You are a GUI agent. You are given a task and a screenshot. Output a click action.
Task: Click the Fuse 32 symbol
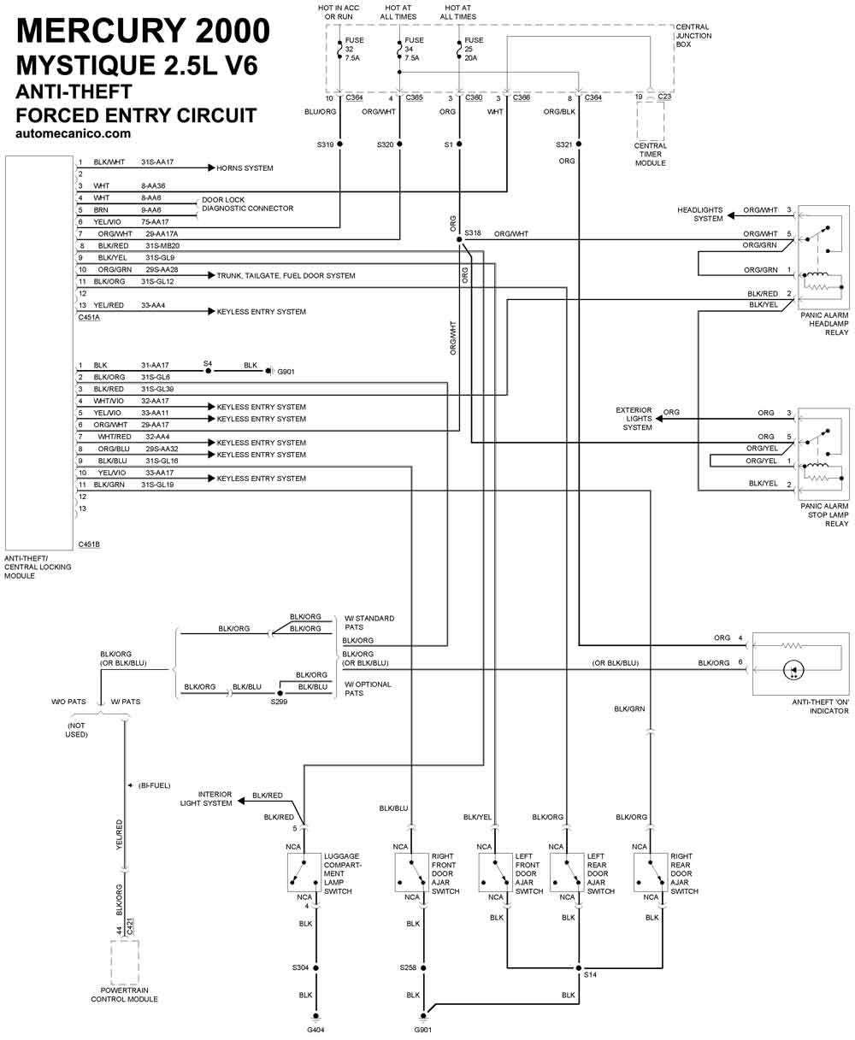pos(339,50)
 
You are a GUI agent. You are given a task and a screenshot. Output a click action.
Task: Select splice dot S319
pos(339,144)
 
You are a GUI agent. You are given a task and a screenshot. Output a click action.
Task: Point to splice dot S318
pos(459,239)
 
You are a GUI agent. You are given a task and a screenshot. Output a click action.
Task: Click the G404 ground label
pos(315,1030)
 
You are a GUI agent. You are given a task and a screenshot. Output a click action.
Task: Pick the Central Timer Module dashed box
pos(651,121)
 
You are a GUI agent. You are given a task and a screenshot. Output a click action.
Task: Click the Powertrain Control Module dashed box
pos(124,962)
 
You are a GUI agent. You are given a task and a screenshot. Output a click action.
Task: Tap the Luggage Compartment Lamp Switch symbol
pos(304,873)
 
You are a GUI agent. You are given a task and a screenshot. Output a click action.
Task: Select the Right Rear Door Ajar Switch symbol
pos(650,873)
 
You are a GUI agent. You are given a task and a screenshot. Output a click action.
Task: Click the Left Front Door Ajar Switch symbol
pos(495,873)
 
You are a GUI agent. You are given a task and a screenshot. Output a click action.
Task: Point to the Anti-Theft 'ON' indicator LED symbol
pos(793,670)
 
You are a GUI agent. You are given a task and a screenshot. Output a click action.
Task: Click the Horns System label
pos(245,168)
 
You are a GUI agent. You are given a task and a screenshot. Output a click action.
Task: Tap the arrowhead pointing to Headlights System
pos(731,215)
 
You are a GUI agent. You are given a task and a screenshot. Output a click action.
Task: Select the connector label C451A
pos(89,317)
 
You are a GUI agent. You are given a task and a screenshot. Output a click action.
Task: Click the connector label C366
pos(522,97)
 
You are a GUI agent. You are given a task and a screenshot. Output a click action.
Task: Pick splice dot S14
pos(579,968)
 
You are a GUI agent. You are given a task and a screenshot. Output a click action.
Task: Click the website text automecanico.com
pos(73,133)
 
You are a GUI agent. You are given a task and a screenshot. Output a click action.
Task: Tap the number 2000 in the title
pos(233,31)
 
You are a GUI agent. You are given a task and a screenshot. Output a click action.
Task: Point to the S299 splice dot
pos(280,693)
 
